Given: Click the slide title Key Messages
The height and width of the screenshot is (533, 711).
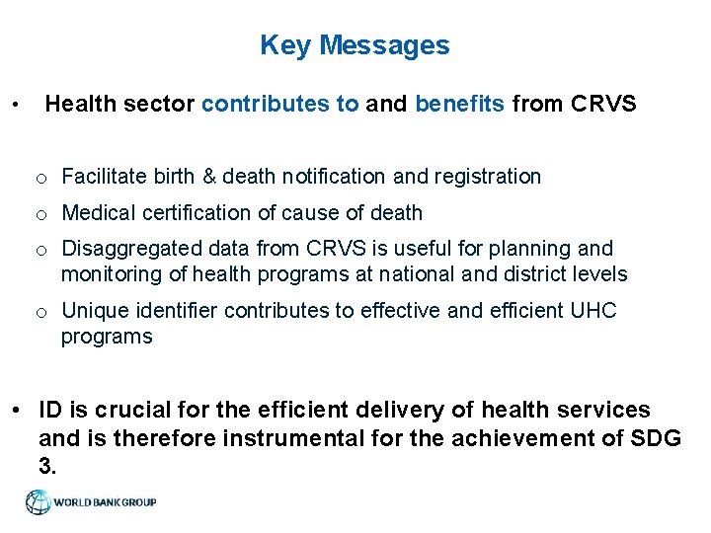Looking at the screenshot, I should pyautogui.click(x=355, y=45).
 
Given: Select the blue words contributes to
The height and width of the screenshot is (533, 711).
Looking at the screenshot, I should pyautogui.click(x=280, y=104).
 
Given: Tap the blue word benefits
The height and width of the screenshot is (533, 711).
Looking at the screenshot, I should pyautogui.click(x=460, y=104).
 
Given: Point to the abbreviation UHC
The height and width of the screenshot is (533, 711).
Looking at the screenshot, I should pyautogui.click(x=593, y=311).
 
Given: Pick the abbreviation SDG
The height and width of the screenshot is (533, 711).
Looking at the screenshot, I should pyautogui.click(x=656, y=437).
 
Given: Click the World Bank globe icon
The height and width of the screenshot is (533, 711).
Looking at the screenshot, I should pyautogui.click(x=38, y=502).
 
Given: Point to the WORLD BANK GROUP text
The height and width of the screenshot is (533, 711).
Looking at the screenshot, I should pyautogui.click(x=105, y=502).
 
